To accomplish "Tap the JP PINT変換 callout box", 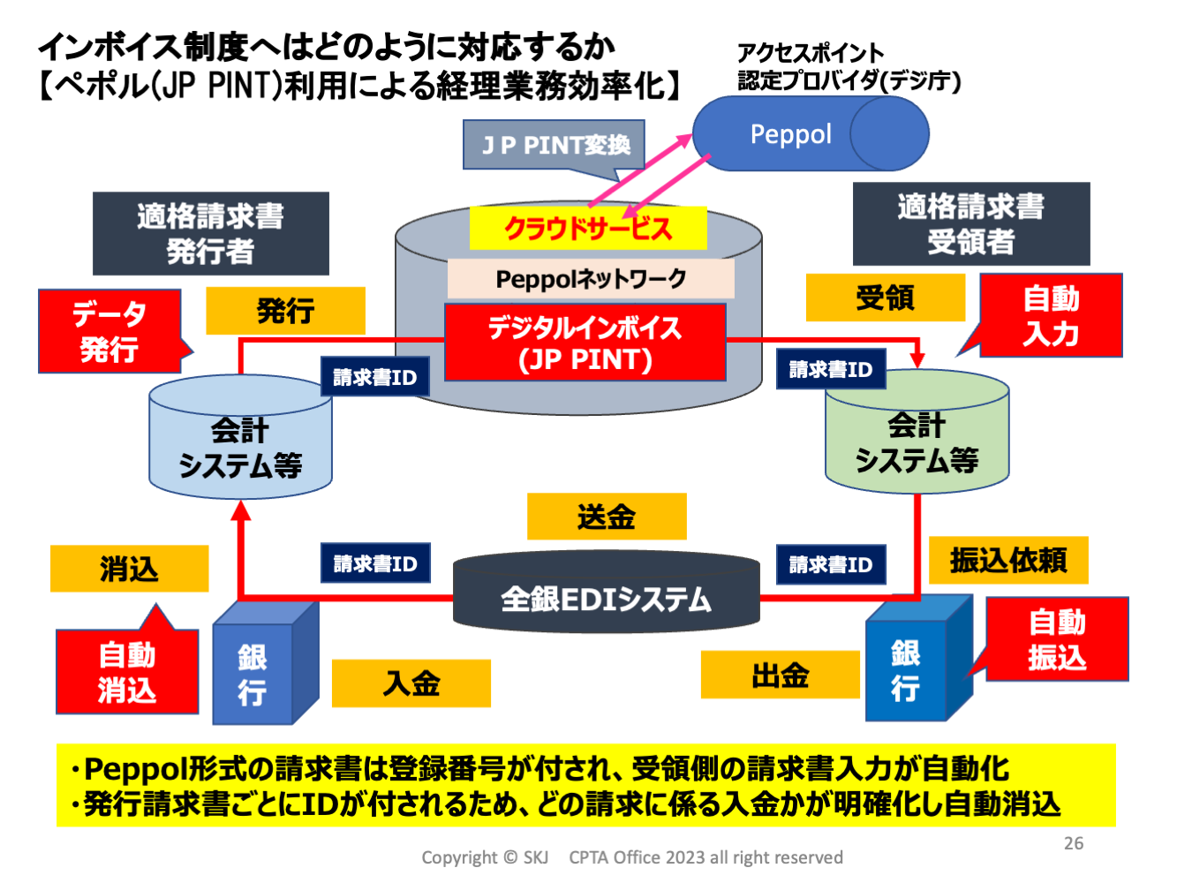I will [x=555, y=145].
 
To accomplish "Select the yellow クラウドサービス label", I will [x=587, y=229].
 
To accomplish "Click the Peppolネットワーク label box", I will [x=590, y=279].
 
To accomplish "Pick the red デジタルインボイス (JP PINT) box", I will [x=585, y=343].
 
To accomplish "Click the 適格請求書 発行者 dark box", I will [x=210, y=233].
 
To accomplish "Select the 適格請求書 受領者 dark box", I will [x=970, y=223].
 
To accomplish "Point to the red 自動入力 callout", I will [x=1050, y=315].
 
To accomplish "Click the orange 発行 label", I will [x=285, y=311].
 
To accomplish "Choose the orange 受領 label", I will [x=885, y=298].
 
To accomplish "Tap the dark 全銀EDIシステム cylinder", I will [x=606, y=597].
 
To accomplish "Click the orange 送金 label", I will [x=606, y=517].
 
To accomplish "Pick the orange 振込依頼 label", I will [x=1007, y=560].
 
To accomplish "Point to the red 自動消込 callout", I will [x=127, y=671].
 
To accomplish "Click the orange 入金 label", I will [x=411, y=683].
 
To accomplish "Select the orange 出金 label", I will [x=780, y=675].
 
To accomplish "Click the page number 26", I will [x=1073, y=843].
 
